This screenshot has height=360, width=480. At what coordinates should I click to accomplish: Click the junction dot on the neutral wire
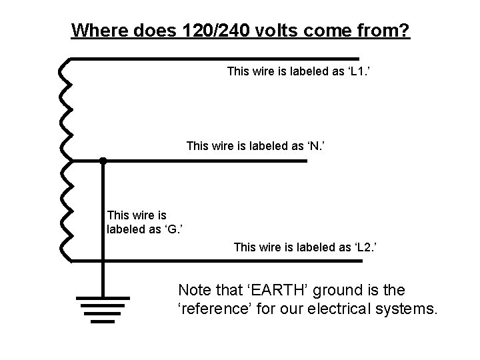tap(103, 161)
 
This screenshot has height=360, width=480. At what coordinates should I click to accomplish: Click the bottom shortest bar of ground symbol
tap(103, 321)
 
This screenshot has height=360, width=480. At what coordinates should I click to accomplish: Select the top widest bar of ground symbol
tap(103, 297)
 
